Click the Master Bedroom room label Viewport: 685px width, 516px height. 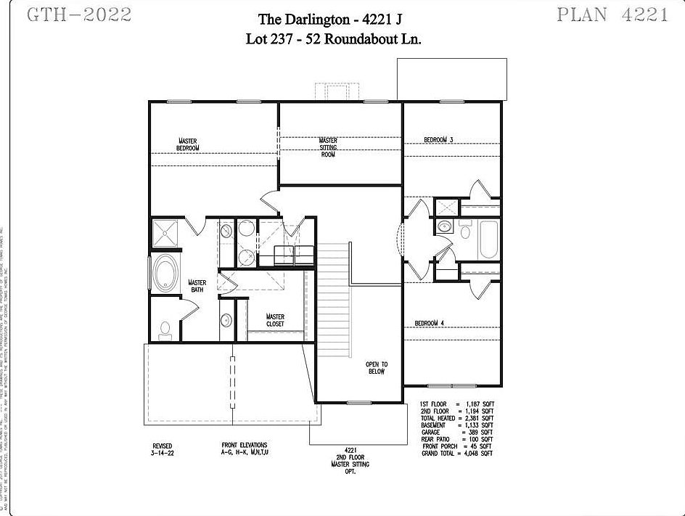pos(187,144)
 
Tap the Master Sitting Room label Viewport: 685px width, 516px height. pos(328,147)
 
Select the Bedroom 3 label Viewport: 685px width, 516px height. pos(438,139)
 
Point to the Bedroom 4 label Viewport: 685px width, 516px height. pos(429,323)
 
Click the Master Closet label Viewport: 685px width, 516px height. pos(275,320)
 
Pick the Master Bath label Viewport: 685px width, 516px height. pos(197,286)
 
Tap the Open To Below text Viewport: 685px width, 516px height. pos(376,367)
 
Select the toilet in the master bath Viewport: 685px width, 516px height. pos(165,330)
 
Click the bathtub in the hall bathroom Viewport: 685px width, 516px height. pos(488,239)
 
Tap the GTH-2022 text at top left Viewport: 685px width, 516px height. pos(79,15)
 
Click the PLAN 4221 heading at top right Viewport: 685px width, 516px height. pos(612,15)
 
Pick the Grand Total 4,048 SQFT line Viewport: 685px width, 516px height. pos(456,453)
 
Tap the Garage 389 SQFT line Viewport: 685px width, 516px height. pos(456,432)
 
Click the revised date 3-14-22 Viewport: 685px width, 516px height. pos(163,453)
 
